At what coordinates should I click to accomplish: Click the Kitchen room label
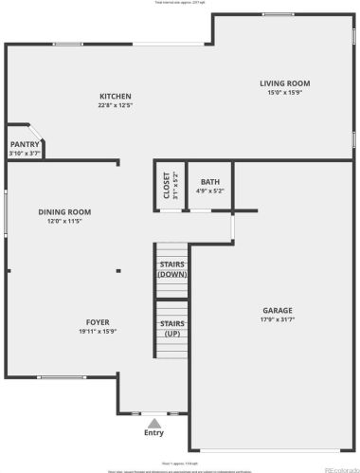[116, 96]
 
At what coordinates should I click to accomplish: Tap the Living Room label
[285, 83]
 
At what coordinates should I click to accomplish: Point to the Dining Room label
[64, 211]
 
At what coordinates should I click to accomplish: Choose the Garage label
[278, 310]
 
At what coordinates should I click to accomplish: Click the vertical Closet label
[167, 183]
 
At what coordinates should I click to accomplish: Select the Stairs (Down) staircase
[171, 267]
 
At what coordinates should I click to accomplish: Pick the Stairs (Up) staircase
[171, 328]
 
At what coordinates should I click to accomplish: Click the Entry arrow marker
[153, 422]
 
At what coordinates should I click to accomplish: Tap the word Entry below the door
[153, 433]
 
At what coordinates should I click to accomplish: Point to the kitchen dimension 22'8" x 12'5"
[116, 105]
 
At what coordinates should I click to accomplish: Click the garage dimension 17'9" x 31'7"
[278, 319]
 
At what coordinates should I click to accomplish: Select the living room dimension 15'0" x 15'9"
[285, 93]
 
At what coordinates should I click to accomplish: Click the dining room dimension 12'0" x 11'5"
[64, 221]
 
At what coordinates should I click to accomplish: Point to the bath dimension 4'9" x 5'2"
[210, 191]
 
